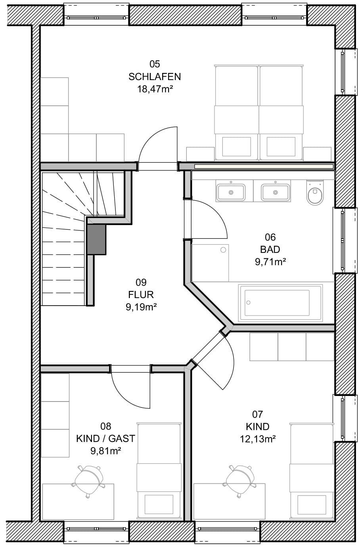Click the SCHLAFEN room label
pyautogui.click(x=155, y=77)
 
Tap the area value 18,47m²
pyautogui.click(x=155, y=89)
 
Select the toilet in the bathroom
pyautogui.click(x=315, y=192)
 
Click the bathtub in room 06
pyautogui.click(x=280, y=303)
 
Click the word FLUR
pyautogui.click(x=141, y=295)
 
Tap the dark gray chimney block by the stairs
pyautogui.click(x=96, y=239)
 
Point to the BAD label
pyautogui.click(x=270, y=249)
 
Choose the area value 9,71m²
pyautogui.click(x=270, y=262)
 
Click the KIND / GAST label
pyautogui.click(x=105, y=438)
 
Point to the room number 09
pyautogui.click(x=141, y=282)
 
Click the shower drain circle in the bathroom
pyautogui.click(x=223, y=250)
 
